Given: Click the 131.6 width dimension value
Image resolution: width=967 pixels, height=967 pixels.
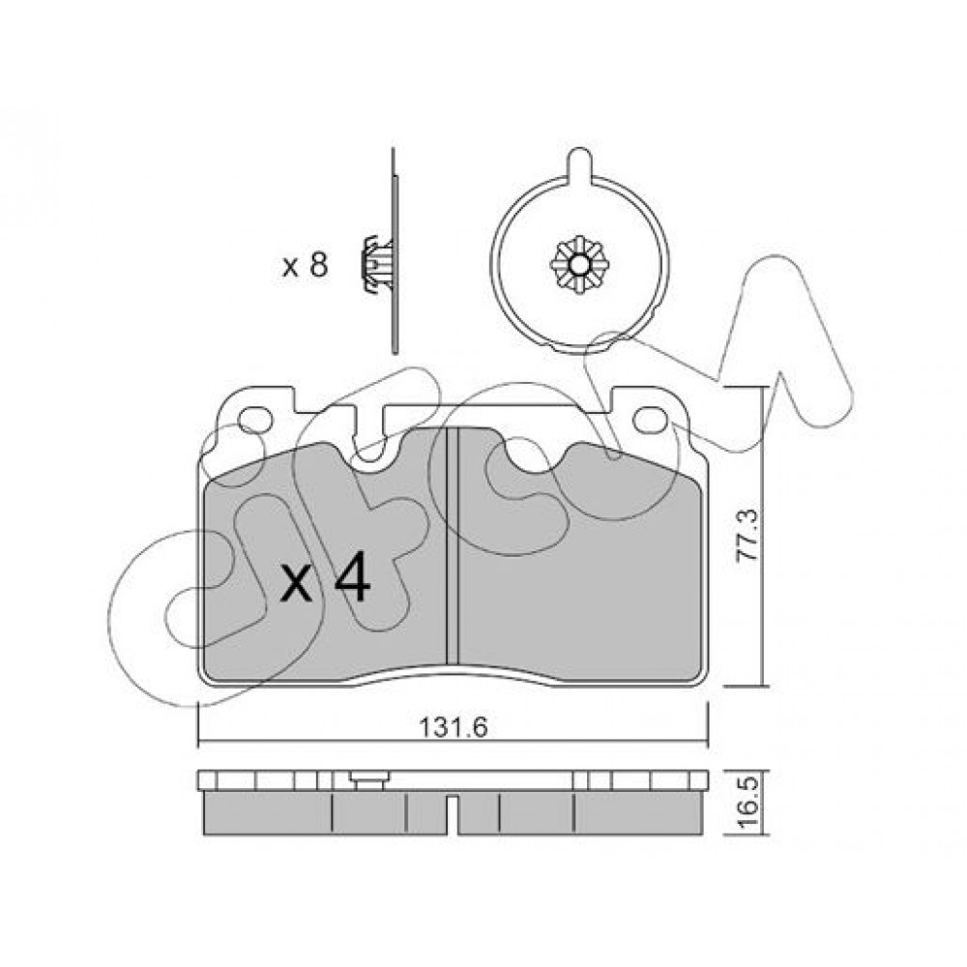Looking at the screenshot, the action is (x=454, y=728).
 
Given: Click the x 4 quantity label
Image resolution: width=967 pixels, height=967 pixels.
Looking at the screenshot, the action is (x=325, y=580).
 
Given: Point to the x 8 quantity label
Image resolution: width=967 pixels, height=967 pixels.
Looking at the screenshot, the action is (x=305, y=266).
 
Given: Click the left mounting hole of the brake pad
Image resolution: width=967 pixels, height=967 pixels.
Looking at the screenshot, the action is (x=255, y=420).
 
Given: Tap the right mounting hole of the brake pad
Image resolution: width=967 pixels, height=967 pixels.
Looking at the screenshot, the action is (x=651, y=420).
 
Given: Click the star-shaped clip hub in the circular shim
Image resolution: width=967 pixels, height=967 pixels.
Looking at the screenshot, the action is (x=579, y=266).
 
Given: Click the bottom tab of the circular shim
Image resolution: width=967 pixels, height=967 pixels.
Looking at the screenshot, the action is (x=580, y=347).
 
